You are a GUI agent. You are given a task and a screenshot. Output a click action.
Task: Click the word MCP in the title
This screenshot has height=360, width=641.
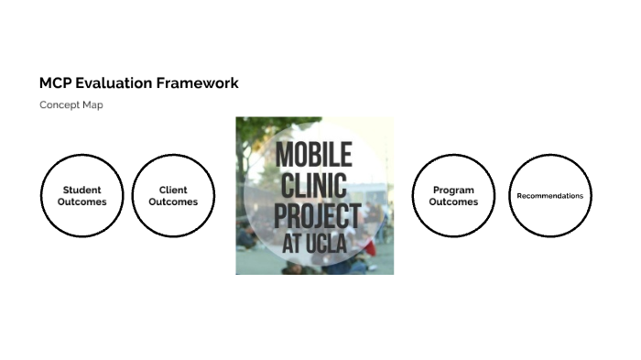pyautogui.click(x=55, y=83)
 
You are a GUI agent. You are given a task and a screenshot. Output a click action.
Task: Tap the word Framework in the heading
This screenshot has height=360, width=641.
pyautogui.click(x=196, y=83)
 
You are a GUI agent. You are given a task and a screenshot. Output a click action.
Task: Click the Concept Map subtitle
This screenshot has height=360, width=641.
pyautogui.click(x=71, y=105)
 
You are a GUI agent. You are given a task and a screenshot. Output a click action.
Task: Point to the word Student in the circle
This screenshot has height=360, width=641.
pyautogui.click(x=81, y=191)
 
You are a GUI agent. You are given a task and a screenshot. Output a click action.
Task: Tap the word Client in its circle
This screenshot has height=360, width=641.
pyautogui.click(x=173, y=191)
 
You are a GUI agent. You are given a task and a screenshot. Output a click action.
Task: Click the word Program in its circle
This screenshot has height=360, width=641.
pyautogui.click(x=454, y=191)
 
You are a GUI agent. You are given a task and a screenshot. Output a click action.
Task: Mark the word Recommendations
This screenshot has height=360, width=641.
pyautogui.click(x=550, y=196)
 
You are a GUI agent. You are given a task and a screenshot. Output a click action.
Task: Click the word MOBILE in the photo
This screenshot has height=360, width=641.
pyautogui.click(x=314, y=156)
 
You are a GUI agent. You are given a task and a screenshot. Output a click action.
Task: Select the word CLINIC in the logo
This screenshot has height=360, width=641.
pyautogui.click(x=310, y=187)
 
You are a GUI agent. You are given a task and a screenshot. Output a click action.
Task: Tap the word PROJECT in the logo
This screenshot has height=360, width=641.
pyautogui.click(x=317, y=217)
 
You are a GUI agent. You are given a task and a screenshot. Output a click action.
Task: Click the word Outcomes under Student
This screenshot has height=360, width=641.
pyautogui.click(x=81, y=202)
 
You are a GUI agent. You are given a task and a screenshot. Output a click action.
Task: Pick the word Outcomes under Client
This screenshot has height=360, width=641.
pyautogui.click(x=173, y=202)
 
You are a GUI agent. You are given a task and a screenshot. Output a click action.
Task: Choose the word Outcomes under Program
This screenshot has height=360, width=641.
pyautogui.click(x=454, y=202)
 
